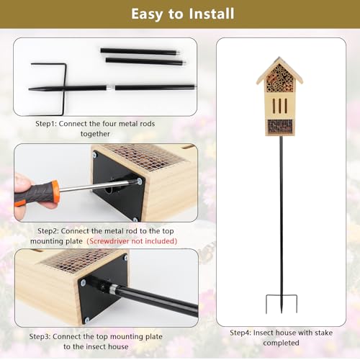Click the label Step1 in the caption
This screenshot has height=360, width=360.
tap(47, 124)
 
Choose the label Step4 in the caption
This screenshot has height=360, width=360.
tap(241, 333)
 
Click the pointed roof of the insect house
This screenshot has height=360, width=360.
tap(279, 68)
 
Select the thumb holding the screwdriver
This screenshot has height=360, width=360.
tap(23, 184)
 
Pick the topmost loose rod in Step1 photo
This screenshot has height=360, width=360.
tap(139, 50)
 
